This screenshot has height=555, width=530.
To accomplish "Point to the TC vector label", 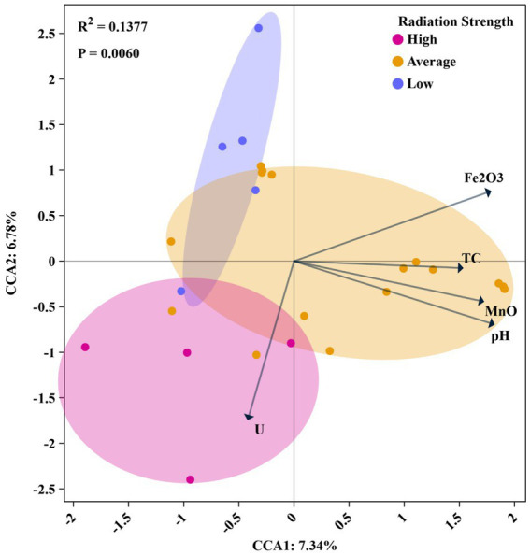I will tap(472, 257).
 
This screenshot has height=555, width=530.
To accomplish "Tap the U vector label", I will tap(259, 431).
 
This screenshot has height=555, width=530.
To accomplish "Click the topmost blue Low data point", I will tap(259, 28).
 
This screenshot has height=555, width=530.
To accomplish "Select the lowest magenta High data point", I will tap(190, 479).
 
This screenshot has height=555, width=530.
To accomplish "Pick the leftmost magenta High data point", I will tap(85, 347).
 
